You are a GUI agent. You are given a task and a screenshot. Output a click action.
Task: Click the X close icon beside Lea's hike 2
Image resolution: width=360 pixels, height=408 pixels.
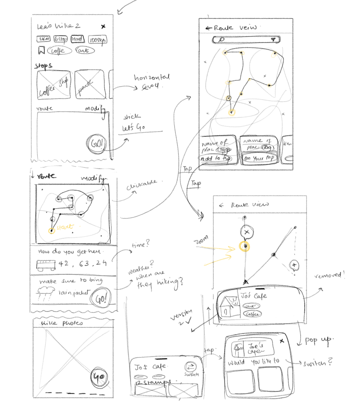(103, 26)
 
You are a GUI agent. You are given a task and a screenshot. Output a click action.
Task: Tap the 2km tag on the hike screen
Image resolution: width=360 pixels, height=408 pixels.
(44, 39)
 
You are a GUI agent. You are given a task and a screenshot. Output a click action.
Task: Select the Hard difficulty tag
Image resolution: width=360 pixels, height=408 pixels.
(77, 39)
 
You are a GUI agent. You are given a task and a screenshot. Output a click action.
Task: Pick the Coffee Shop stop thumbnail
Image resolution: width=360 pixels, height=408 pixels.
(54, 85)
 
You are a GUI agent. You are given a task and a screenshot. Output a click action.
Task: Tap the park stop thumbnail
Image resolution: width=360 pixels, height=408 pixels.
(90, 84)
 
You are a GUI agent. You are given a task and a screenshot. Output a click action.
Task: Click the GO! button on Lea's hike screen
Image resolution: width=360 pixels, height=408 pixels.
(97, 144)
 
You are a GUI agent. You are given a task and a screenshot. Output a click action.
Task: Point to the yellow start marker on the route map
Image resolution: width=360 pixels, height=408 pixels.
(52, 230)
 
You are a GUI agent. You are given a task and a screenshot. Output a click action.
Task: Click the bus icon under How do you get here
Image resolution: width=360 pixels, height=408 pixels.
(46, 265)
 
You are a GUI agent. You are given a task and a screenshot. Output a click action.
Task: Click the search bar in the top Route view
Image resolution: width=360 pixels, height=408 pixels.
(246, 40)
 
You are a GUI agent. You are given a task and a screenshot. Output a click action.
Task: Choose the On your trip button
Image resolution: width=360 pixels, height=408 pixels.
(259, 158)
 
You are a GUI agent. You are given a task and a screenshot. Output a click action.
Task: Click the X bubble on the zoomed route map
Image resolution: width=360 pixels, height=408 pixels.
(247, 232)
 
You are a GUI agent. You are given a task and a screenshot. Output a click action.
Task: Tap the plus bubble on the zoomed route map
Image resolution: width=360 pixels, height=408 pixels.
(294, 265)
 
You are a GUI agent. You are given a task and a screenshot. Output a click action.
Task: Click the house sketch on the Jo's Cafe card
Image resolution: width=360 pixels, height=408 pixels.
(228, 306)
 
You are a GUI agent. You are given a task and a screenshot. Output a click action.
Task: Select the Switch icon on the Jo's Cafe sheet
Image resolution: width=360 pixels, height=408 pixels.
(191, 367)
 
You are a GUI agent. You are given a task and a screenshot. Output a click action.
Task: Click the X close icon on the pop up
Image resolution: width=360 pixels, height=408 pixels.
(282, 341)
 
